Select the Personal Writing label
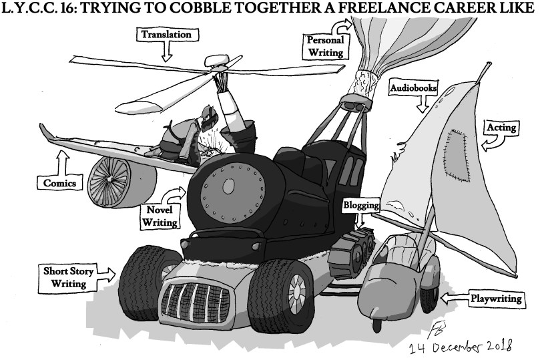[324, 45]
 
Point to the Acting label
[500, 126]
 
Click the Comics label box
[56, 182]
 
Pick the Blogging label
[361, 206]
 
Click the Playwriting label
[496, 299]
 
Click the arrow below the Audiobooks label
[421, 104]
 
